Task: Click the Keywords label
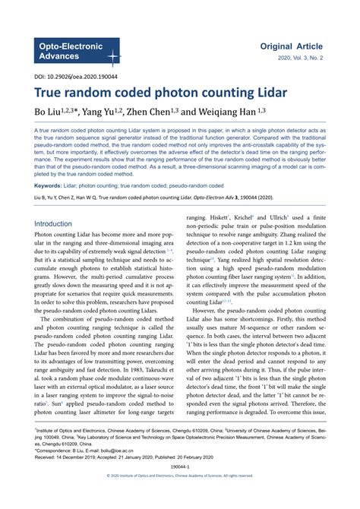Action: [x=52, y=185]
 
